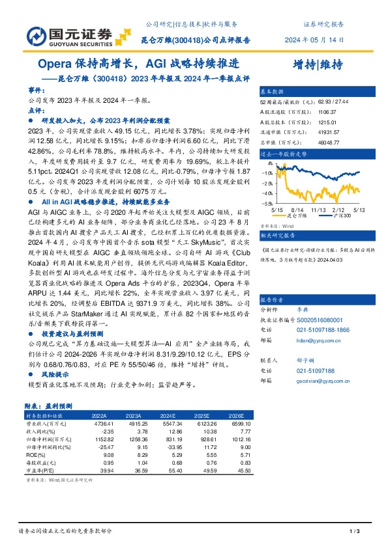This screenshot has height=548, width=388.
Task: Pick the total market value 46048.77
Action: (x=330, y=141)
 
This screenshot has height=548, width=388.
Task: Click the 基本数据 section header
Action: (x=273, y=92)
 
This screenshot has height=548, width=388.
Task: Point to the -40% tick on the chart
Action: (x=266, y=193)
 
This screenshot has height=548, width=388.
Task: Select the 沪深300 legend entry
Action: (x=329, y=215)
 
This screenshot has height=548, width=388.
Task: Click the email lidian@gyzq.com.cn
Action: (x=314, y=339)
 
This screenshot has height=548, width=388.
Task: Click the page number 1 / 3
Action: (x=355, y=531)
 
